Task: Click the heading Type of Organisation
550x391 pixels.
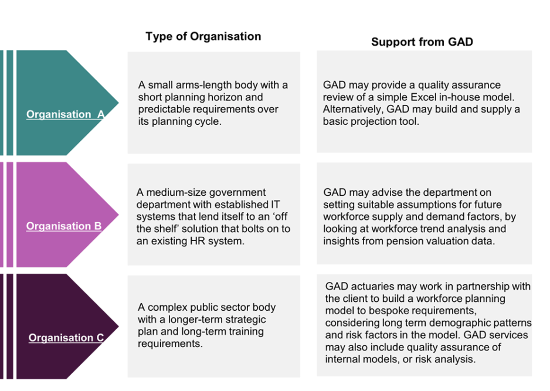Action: pos(203,36)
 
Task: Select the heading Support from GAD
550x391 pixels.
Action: pos(422,42)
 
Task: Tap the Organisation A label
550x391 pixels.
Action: pos(65,115)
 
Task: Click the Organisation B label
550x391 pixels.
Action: pos(64,226)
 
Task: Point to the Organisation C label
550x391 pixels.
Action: pos(66,338)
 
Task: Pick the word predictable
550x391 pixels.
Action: pos(163,110)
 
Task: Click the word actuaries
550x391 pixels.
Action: pos(372,287)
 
